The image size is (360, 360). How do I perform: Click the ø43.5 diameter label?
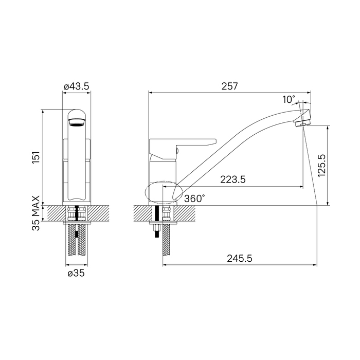point(77,86)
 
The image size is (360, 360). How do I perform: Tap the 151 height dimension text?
point(36,157)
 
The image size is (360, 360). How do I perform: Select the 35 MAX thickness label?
point(36,213)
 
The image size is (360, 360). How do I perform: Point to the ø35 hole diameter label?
point(76,273)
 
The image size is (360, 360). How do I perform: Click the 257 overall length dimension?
point(229,86)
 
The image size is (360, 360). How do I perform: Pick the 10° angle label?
point(289,99)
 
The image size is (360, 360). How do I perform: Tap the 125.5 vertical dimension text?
point(322,165)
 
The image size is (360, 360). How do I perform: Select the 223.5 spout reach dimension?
point(233,179)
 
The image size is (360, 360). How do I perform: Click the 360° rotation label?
point(194,199)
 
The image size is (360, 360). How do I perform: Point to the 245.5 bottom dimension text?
point(240,259)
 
